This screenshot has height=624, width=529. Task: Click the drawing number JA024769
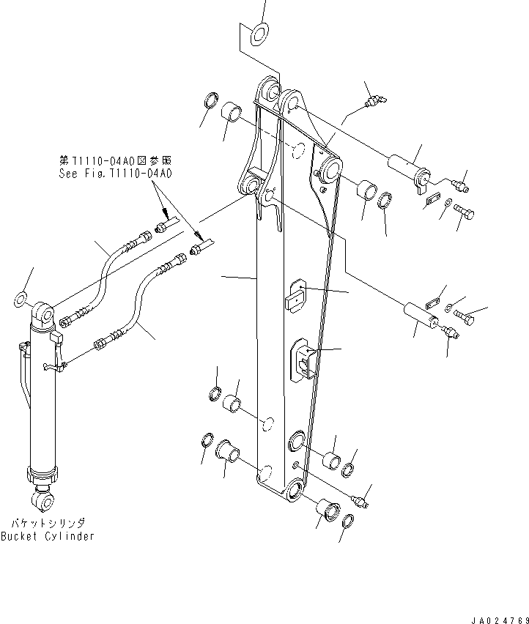pyautogui.click(x=496, y=618)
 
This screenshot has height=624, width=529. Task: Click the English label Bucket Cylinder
pyautogui.click(x=47, y=536)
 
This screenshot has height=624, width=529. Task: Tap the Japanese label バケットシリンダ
pyautogui.click(x=48, y=523)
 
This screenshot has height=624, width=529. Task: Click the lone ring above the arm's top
pyautogui.click(x=259, y=32)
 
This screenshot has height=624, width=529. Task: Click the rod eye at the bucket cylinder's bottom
pyautogui.click(x=42, y=500)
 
